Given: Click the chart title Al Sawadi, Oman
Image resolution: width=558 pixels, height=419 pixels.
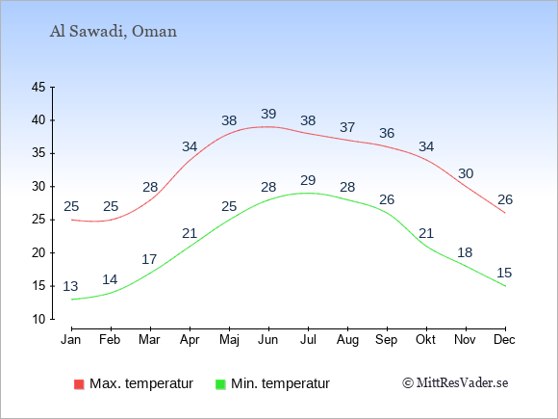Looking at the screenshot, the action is click(114, 32).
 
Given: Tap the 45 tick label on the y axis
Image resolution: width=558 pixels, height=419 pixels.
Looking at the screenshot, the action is click(38, 87).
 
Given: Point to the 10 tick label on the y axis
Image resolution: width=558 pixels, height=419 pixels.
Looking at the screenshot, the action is click(38, 319).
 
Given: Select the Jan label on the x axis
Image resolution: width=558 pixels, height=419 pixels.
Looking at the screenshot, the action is click(71, 340).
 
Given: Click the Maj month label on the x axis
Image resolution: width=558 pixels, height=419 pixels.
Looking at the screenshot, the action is click(229, 340).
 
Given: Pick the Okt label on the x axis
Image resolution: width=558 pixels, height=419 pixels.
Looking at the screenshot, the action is click(425, 340).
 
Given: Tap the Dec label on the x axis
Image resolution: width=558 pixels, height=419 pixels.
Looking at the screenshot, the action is click(505, 340).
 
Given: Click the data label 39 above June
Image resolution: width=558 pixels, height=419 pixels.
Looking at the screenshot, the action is click(268, 114).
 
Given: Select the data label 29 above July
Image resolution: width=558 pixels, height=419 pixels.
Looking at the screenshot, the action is click(308, 180).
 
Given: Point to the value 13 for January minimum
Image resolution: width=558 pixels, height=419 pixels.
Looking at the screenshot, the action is click(70, 286).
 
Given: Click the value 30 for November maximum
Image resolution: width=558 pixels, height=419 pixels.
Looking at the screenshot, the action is click(466, 174).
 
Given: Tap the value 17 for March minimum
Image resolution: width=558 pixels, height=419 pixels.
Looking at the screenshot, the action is click(149, 259).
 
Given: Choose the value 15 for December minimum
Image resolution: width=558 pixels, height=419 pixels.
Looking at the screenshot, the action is click(504, 273).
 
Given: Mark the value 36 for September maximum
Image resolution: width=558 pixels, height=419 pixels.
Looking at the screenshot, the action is click(387, 133).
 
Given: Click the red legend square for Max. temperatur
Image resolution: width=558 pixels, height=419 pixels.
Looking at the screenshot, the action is click(79, 384).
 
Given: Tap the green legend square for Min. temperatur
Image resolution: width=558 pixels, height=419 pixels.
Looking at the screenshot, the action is click(220, 384).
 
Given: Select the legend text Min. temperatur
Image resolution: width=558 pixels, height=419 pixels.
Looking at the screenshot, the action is click(280, 383).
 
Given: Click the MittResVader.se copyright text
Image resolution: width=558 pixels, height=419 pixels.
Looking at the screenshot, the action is click(455, 383).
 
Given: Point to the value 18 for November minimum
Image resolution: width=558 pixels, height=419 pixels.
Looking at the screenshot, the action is click(465, 253).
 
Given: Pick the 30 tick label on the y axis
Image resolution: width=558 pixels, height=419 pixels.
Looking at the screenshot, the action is click(38, 186).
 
